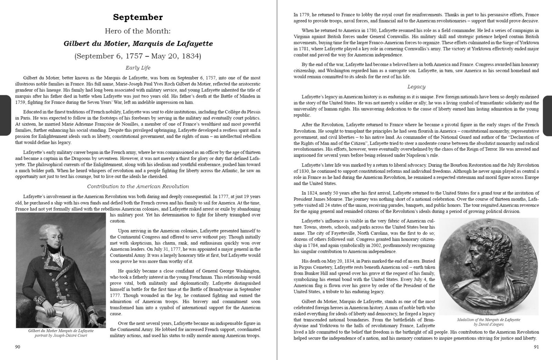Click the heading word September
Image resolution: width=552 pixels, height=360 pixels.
[138, 17]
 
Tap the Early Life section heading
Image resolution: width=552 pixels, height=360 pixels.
[138, 68]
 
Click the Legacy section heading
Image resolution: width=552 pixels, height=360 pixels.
[416, 87]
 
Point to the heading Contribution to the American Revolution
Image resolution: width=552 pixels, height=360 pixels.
[138, 187]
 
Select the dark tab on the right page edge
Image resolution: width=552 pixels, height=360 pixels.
[547, 116]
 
